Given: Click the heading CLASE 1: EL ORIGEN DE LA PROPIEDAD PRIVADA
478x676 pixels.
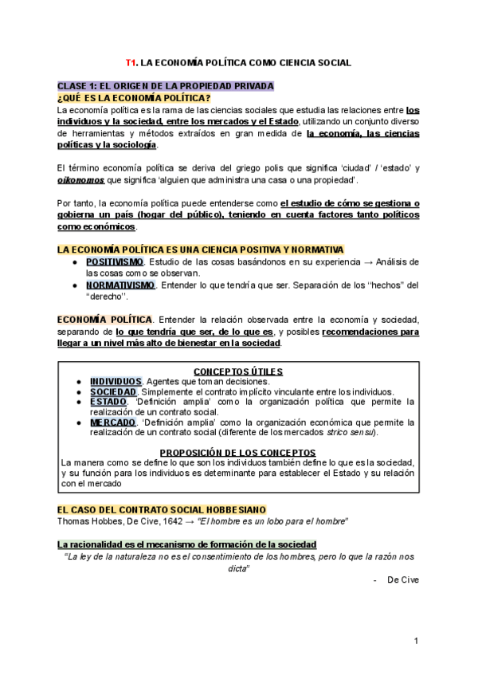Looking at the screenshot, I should [x=165, y=86].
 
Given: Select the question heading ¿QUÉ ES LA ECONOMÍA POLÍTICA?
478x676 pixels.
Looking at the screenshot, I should [x=128, y=97].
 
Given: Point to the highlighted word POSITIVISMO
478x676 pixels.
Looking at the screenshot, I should [x=116, y=262].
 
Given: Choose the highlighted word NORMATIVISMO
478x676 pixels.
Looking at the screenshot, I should [x=121, y=285].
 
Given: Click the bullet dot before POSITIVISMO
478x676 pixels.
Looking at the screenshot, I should [x=73, y=262].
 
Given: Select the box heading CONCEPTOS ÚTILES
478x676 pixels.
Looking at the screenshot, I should [x=238, y=371].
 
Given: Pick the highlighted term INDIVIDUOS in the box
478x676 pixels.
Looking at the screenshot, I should [x=116, y=381].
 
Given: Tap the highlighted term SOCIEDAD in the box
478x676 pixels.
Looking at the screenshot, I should [x=113, y=391].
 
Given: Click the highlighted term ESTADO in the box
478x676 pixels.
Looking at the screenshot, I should [x=108, y=402].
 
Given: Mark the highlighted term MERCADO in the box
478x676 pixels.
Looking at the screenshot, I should [x=112, y=422].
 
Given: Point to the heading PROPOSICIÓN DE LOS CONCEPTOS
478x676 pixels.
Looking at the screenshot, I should [x=238, y=453].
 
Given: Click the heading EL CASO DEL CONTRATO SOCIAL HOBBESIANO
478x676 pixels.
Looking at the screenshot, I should [x=162, y=509].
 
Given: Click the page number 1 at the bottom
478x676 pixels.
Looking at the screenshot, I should [x=416, y=641].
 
